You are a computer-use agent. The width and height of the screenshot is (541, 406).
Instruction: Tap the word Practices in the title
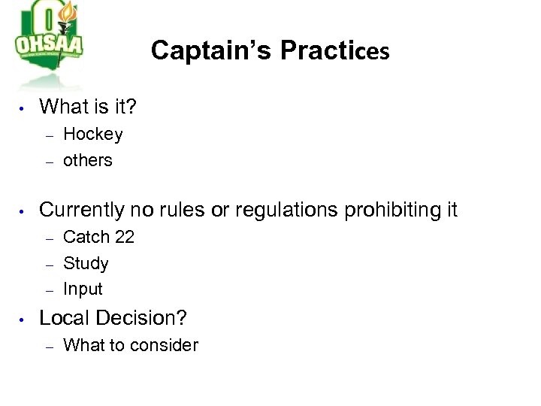click(334, 50)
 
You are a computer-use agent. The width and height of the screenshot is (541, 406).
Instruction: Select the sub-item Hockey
click(93, 135)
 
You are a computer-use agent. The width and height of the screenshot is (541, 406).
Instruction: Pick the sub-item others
click(88, 160)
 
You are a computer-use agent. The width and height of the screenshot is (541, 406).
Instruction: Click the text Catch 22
click(98, 237)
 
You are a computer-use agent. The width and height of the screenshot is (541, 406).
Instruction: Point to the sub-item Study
click(86, 264)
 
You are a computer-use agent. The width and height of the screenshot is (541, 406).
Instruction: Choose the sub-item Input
click(83, 289)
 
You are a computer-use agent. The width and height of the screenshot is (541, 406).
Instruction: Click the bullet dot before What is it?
click(23, 109)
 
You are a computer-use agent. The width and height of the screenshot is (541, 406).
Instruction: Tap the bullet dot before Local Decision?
click(23, 320)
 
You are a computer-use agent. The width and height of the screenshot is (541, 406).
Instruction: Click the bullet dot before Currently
click(23, 212)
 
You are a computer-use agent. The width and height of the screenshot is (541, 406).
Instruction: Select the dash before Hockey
click(48, 136)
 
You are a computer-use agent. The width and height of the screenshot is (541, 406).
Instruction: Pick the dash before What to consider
click(48, 347)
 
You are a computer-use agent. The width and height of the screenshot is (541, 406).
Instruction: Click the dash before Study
click(48, 265)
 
